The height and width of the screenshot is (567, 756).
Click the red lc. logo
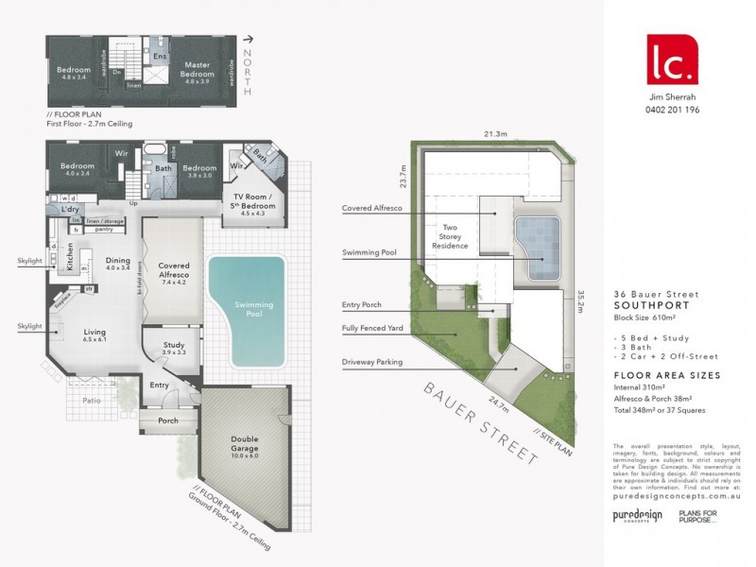coord(672,57)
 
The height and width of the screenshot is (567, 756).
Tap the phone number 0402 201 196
coord(672,109)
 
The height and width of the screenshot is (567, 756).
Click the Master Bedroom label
coord(198,69)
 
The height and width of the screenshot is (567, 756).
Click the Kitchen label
coord(70,257)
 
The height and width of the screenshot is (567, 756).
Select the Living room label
coord(94,333)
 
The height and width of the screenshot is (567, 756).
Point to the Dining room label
coord(118,264)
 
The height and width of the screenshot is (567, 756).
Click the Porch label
coord(168,421)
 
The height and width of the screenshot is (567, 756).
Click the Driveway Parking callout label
coord(375,362)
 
